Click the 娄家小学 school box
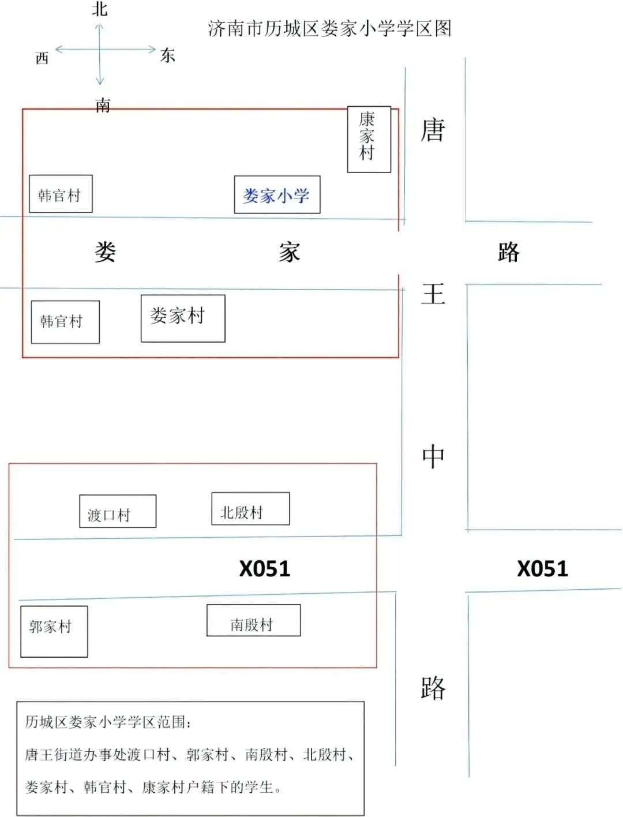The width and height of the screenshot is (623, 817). pyautogui.click(x=277, y=195)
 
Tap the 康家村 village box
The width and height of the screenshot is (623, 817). pyautogui.click(x=369, y=139)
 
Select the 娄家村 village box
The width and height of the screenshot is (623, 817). pyautogui.click(x=183, y=318)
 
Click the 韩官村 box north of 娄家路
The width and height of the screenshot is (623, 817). pyautogui.click(x=61, y=194)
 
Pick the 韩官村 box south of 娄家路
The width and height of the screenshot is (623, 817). pyautogui.click(x=65, y=322)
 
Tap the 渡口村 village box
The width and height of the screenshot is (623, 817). pyautogui.click(x=117, y=511)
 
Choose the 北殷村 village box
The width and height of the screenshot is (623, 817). pyautogui.click(x=250, y=509)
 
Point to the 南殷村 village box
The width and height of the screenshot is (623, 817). pyautogui.click(x=253, y=621)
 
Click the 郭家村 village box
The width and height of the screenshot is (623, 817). pyautogui.click(x=54, y=631)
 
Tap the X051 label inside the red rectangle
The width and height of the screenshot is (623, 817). pyautogui.click(x=265, y=569)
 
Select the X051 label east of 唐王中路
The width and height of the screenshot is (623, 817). pyautogui.click(x=542, y=569)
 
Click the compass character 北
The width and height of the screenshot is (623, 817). pyautogui.click(x=100, y=9)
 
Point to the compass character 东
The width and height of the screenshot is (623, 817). pyautogui.click(x=167, y=55)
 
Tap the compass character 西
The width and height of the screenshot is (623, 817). pyautogui.click(x=42, y=58)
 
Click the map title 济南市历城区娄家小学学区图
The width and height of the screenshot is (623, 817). pyautogui.click(x=329, y=29)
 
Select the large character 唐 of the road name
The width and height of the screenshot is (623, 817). pyautogui.click(x=433, y=130)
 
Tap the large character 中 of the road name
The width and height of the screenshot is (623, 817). pyautogui.click(x=433, y=457)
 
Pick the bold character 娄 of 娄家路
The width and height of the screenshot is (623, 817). pyautogui.click(x=106, y=252)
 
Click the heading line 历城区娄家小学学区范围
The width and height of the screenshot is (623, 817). pyautogui.click(x=107, y=722)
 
